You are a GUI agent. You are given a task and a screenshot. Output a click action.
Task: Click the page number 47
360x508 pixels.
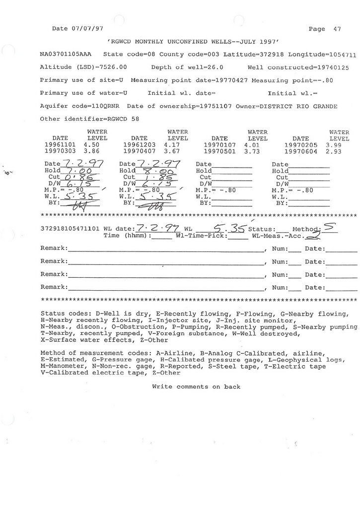tap(337, 29)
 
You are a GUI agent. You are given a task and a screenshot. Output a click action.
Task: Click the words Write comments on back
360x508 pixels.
tap(196, 387)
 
